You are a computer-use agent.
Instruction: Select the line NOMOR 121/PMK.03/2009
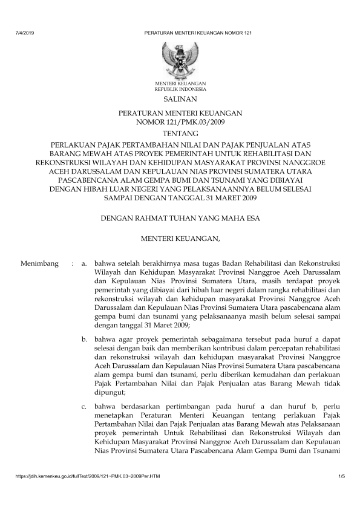(180, 122)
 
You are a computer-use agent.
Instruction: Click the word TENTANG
(180, 133)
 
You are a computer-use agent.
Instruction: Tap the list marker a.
(85, 264)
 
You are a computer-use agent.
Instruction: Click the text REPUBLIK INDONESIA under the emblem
(180, 88)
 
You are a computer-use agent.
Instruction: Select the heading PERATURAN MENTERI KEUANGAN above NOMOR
(180, 113)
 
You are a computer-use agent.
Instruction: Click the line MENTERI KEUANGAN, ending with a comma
(180, 223)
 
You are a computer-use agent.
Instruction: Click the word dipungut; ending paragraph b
(114, 391)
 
